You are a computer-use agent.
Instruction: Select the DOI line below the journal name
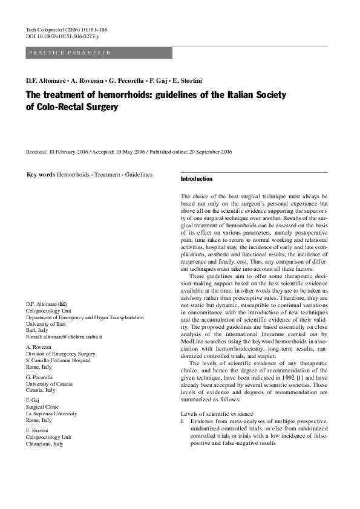62,37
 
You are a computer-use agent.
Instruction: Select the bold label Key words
41,175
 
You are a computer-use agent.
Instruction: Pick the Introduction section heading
197,179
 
